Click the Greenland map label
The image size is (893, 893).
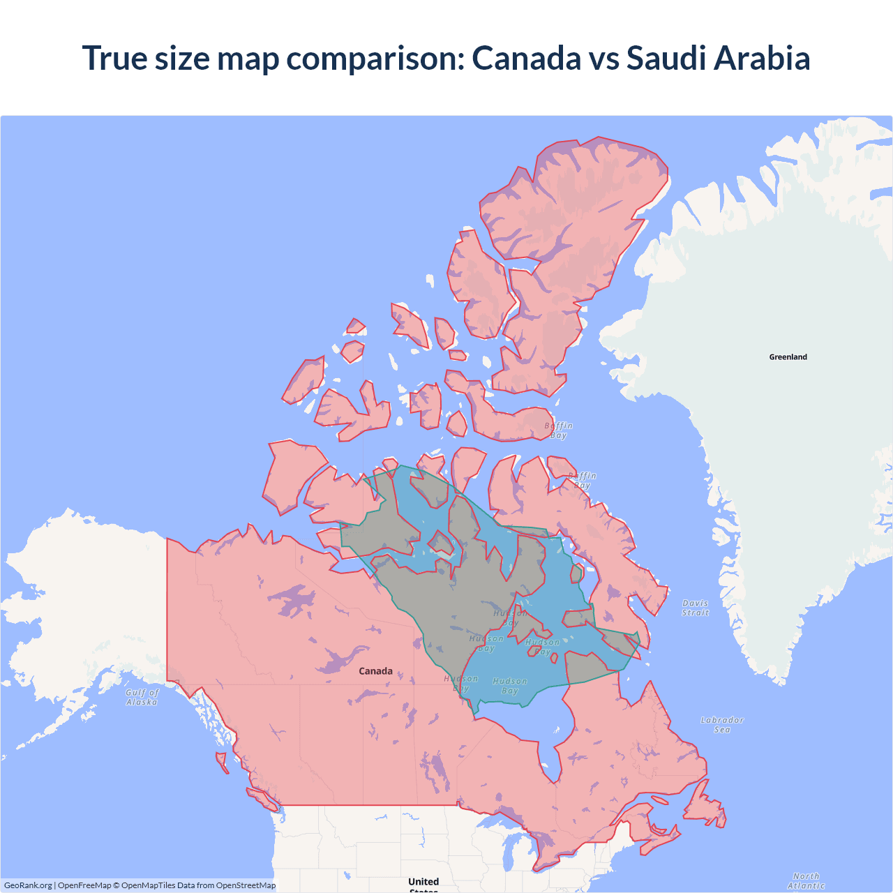(788, 357)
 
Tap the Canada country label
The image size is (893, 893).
(375, 671)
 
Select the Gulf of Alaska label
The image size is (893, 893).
(142, 698)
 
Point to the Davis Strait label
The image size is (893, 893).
(695, 608)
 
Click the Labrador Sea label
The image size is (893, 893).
(722, 725)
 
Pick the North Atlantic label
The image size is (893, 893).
(806, 880)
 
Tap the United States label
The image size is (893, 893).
(423, 883)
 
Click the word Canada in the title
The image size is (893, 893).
(526, 58)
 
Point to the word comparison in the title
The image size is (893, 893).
(375, 58)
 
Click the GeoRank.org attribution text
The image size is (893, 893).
(28, 885)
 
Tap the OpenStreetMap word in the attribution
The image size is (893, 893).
(246, 885)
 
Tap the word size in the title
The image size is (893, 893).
(181, 58)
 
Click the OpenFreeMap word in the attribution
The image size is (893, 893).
(84, 885)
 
